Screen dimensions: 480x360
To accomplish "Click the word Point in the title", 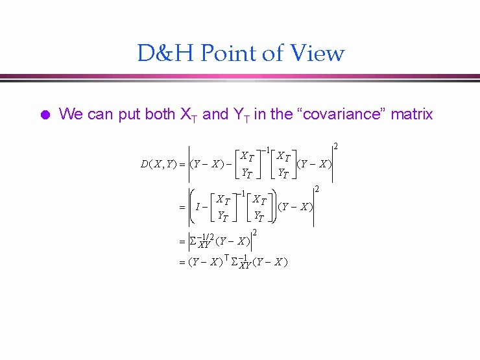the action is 229,53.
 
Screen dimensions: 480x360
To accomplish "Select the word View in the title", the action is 317,53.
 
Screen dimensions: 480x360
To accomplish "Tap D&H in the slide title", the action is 165,53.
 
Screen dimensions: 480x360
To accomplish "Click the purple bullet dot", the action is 45,115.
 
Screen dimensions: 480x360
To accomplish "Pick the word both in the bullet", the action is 160,114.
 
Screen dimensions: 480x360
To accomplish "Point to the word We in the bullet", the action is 71,114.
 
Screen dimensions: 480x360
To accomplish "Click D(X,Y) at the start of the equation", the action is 158,164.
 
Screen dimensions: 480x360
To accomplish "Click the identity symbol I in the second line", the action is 197,208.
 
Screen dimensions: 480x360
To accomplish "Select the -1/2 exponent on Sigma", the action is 205,237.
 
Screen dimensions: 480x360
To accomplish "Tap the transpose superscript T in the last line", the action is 226,258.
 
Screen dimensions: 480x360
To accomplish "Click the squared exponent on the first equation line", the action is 335,147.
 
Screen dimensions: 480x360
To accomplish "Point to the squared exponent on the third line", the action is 255,233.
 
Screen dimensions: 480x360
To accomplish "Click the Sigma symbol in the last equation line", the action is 235,262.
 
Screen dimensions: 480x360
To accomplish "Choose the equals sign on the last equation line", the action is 182,263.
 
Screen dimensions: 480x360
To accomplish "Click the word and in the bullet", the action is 215,114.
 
